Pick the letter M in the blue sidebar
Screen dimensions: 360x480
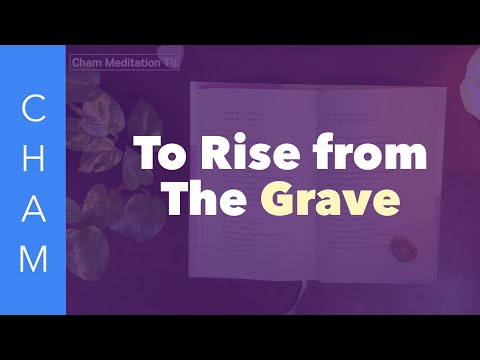tap(34, 257)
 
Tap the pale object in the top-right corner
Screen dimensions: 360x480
tap(470, 70)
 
